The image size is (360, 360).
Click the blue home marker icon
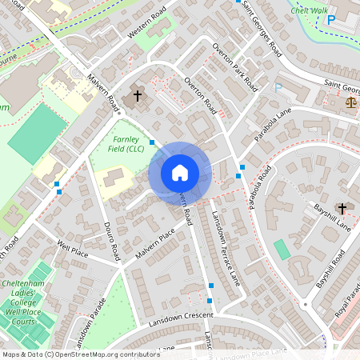coord(180,173)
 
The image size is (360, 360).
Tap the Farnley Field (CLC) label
coord(127,143)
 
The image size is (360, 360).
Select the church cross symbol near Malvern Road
coord(137,96)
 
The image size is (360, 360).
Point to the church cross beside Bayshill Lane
coord(342,208)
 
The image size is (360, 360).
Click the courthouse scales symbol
coord(350,102)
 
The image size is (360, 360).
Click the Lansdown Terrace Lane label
coord(225,249)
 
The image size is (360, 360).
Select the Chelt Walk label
coord(309,10)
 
